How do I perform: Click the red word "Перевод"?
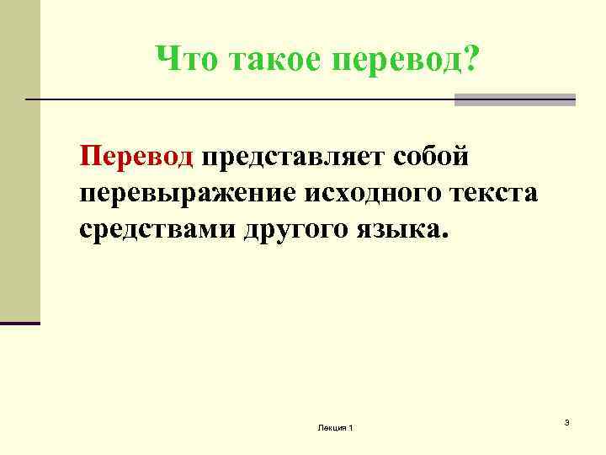click(x=136, y=157)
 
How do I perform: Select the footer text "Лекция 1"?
click(x=336, y=430)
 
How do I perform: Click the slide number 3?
click(x=567, y=421)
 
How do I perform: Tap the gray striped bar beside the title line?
click(x=515, y=99)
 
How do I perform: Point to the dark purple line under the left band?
click(x=20, y=323)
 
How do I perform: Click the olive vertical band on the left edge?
click(x=19, y=169)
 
